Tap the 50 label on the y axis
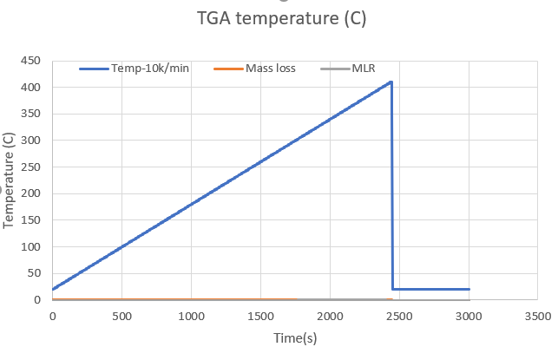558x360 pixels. (33, 274)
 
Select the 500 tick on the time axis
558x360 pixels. (121, 316)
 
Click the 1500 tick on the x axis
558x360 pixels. (260, 316)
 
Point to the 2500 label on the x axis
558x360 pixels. (399, 316)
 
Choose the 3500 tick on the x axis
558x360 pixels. (537, 316)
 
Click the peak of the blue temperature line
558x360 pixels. (391, 82)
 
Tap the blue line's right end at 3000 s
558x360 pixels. (469, 289)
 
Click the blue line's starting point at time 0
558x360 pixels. (53, 289)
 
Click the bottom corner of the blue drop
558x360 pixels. (393, 289)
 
